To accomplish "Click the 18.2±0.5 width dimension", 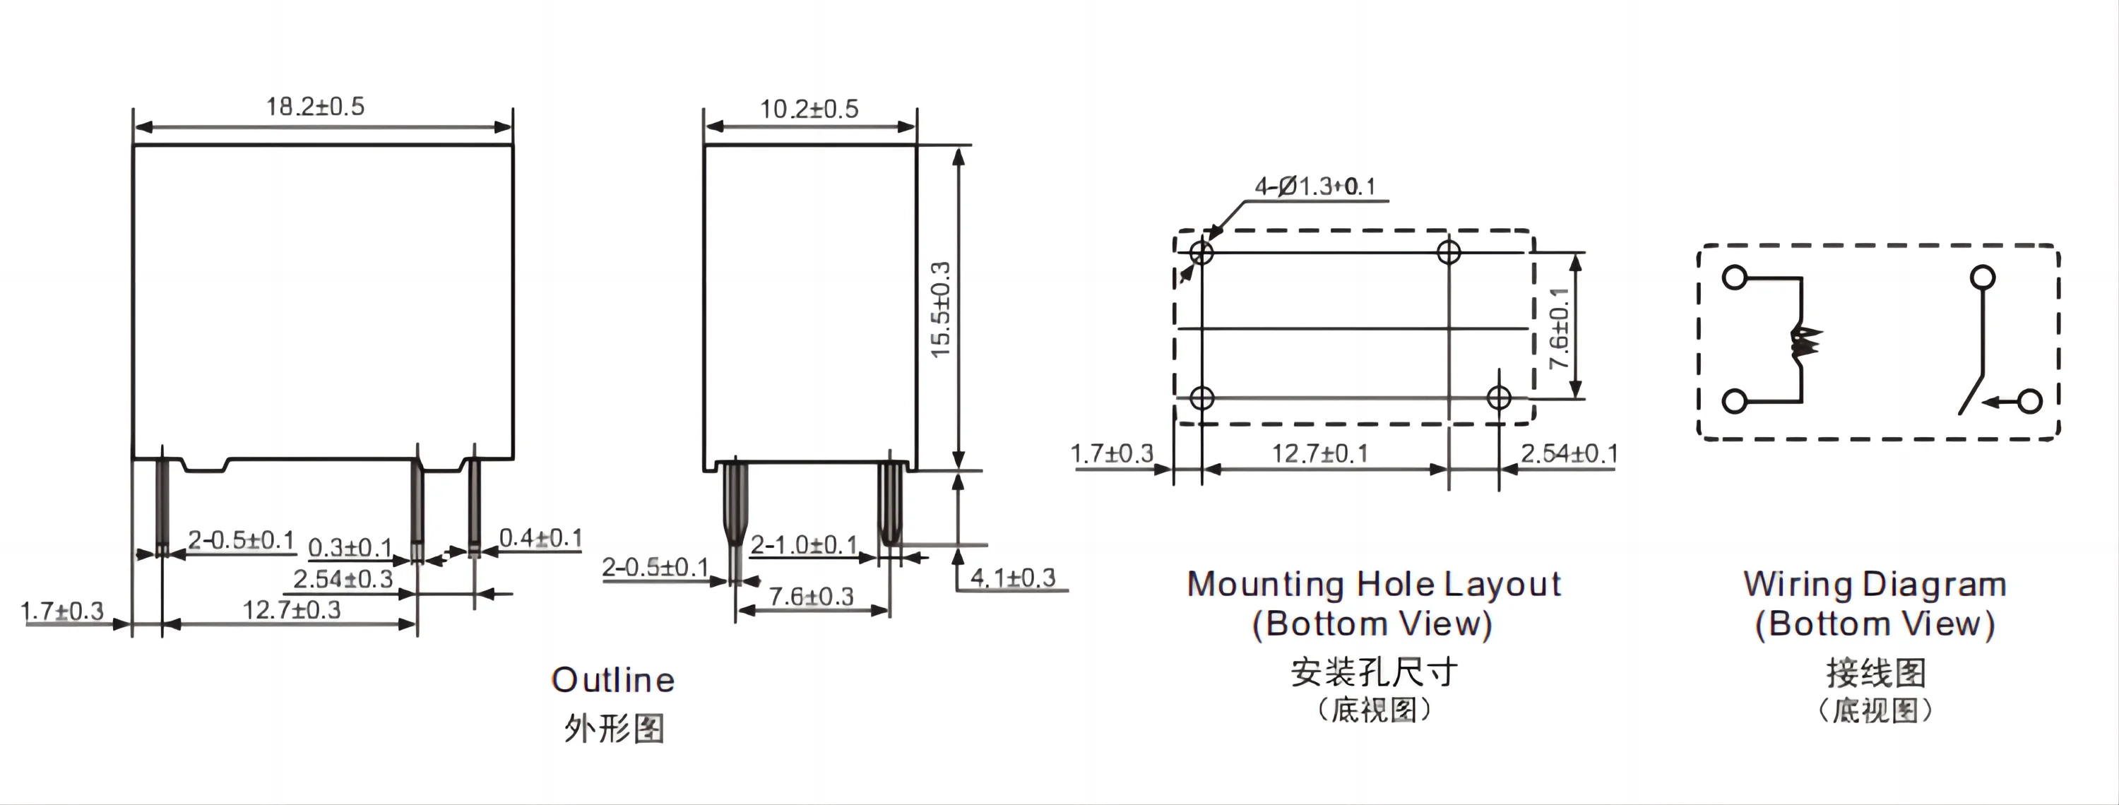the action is pyautogui.click(x=315, y=106).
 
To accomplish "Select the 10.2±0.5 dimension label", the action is pyautogui.click(x=809, y=109).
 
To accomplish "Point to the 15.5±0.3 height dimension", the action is pyautogui.click(x=940, y=309).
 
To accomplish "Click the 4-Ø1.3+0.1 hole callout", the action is pyautogui.click(x=1314, y=186).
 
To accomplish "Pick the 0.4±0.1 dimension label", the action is pyautogui.click(x=540, y=538).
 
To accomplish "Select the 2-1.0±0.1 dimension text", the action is pyautogui.click(x=804, y=544).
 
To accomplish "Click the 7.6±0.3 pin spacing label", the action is pyautogui.click(x=811, y=596).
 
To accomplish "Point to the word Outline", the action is pyautogui.click(x=613, y=680).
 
